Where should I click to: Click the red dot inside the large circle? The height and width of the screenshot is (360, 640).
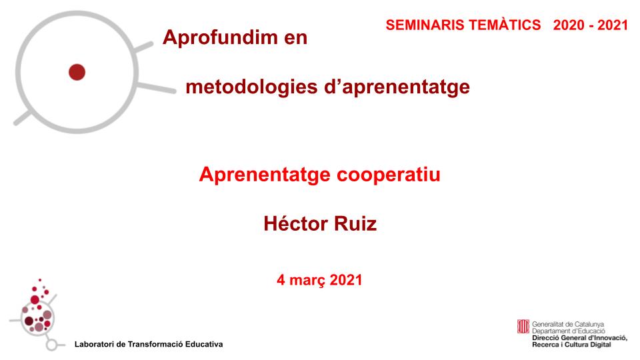(x=77, y=71)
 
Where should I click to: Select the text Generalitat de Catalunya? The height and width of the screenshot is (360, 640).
(x=568, y=323)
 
